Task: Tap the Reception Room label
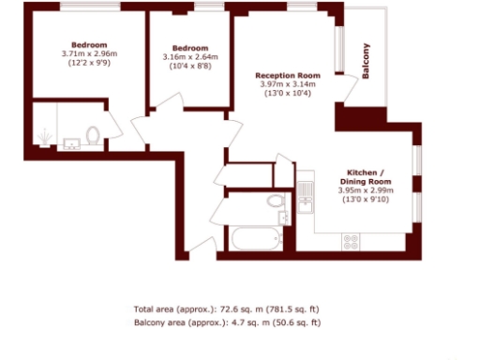click(x=288, y=75)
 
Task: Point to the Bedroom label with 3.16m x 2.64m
click(x=188, y=49)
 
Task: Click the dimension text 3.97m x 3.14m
click(x=288, y=84)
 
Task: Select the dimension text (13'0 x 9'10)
click(x=366, y=198)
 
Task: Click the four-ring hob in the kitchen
click(x=351, y=241)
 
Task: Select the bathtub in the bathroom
click(x=255, y=239)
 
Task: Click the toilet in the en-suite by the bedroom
click(x=93, y=137)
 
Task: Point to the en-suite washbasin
click(x=70, y=143)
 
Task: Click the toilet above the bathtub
click(x=274, y=201)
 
